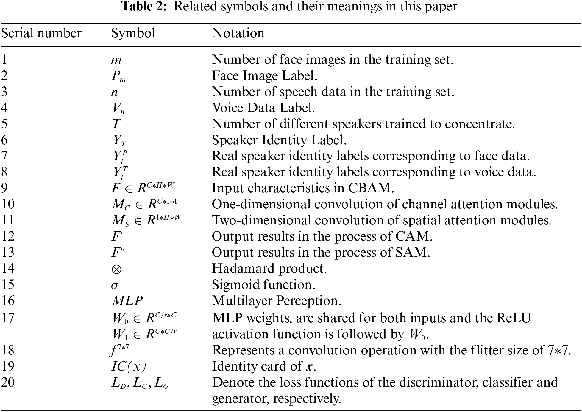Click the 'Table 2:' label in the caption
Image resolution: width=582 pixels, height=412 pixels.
[144, 6]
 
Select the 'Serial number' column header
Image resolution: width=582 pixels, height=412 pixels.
[41, 33]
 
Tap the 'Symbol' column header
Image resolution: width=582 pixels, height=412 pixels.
[133, 33]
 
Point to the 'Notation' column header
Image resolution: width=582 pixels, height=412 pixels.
[238, 33]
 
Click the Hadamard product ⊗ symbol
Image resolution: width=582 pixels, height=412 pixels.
[116, 269]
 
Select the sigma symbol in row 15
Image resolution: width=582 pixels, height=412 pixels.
[115, 285]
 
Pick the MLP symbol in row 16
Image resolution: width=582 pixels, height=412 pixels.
[127, 301]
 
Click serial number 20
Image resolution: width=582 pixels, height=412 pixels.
[8, 382]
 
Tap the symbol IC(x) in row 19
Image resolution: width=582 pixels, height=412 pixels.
[129, 366]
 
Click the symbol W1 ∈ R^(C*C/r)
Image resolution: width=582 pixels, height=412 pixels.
[144, 334]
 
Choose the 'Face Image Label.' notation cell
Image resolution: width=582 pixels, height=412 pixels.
[264, 76]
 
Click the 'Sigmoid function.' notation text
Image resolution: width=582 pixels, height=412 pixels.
[263, 285]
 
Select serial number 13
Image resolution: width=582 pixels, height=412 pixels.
[8, 253]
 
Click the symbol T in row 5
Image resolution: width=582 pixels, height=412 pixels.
[116, 124]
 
